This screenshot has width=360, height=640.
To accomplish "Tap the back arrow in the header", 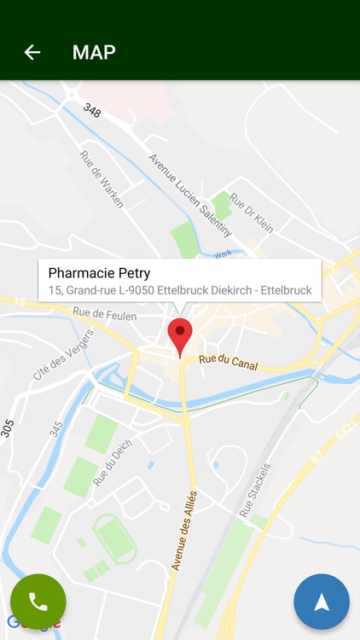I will coord(32,52).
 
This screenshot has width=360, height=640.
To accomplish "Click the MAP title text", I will coord(94,52).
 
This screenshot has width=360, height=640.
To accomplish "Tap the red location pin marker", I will coord(180,335).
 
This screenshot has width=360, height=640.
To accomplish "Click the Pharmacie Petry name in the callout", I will coord(99,273).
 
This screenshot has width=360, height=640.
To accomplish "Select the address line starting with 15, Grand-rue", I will coord(179,291).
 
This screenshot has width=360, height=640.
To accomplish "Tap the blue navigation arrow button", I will coord(322,602).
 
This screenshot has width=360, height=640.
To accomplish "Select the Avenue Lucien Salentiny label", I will coord(189,195).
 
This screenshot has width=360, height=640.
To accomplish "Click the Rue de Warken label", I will coord(102,179).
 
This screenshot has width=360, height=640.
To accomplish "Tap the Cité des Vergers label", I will coord(63,354).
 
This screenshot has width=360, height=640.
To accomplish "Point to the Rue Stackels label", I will coord(255,490).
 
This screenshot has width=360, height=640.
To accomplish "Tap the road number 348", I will coord(91,111).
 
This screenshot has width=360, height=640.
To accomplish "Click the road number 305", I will coord(7,427).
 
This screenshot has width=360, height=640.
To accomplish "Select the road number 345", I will coord(56,428).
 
